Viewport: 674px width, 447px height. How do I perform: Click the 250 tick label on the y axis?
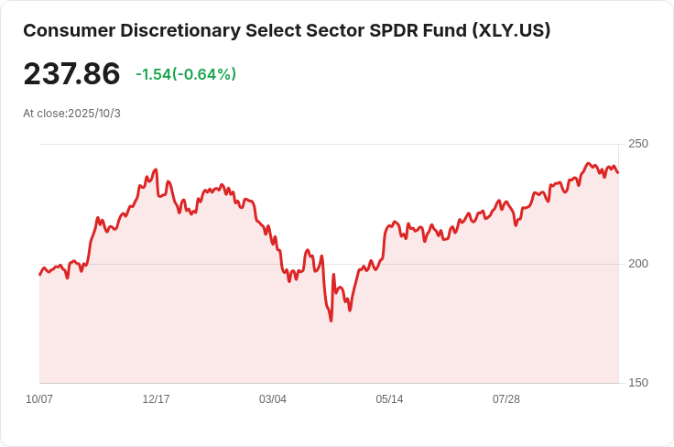click(637, 144)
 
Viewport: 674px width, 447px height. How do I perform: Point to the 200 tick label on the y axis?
click(637, 264)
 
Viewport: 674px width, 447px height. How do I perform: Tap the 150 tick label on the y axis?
click(637, 383)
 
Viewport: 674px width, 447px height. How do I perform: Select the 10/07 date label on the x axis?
click(39, 399)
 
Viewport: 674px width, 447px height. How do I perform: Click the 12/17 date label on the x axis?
click(156, 399)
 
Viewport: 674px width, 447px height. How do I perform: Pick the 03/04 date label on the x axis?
click(273, 399)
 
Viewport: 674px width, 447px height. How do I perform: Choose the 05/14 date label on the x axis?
click(389, 399)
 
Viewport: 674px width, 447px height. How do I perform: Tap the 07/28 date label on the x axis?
click(506, 399)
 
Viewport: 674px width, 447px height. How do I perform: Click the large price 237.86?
click(71, 74)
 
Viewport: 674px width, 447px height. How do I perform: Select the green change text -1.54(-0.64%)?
click(186, 74)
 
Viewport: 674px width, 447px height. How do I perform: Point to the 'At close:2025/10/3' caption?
click(71, 114)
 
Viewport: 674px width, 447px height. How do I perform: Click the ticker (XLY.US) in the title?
click(511, 30)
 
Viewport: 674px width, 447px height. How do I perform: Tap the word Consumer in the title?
click(64, 30)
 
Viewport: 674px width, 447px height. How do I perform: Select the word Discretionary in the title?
click(174, 30)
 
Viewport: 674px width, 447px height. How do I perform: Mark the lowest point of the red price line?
click(331, 321)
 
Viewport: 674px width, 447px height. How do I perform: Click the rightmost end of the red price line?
click(618, 172)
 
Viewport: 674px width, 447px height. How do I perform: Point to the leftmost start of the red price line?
click(39, 275)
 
